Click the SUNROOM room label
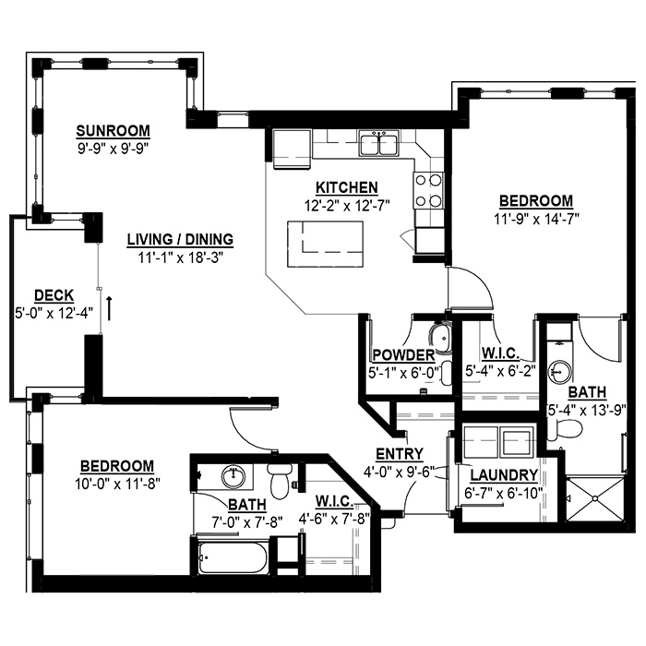(113, 131)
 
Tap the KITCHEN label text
(346, 187)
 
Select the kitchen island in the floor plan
(326, 245)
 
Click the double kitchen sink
(379, 143)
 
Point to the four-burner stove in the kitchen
(429, 191)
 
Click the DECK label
(54, 296)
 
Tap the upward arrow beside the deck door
(110, 307)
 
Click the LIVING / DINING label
(180, 240)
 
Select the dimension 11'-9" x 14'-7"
(536, 220)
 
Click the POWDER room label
(403, 355)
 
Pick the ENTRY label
(400, 454)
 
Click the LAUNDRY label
(504, 475)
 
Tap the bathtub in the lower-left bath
(233, 557)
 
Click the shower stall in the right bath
(595, 499)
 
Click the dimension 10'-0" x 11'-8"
(117, 484)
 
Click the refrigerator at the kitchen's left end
(292, 149)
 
